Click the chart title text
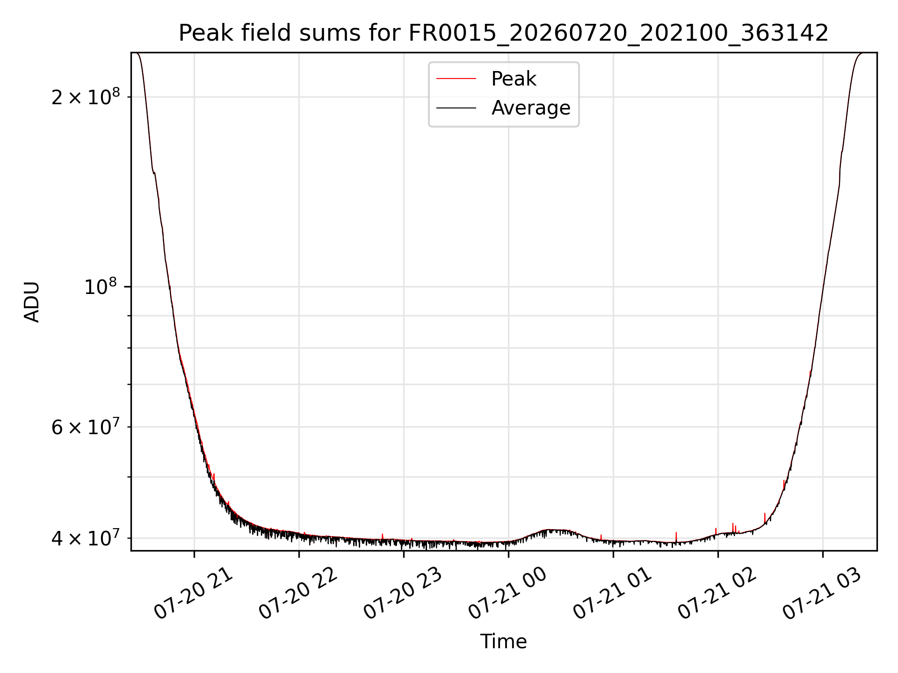pyautogui.click(x=504, y=33)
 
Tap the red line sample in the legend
pyautogui.click(x=456, y=79)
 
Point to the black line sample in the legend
pyautogui.click(x=456, y=108)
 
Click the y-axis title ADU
pyautogui.click(x=32, y=301)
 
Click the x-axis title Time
pyautogui.click(x=504, y=642)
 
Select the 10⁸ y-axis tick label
pyautogui.click(x=102, y=286)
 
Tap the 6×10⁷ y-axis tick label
pyautogui.click(x=86, y=426)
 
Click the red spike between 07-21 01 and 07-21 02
pyautogui.click(x=676, y=537)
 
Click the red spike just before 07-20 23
pyautogui.click(x=383, y=537)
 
